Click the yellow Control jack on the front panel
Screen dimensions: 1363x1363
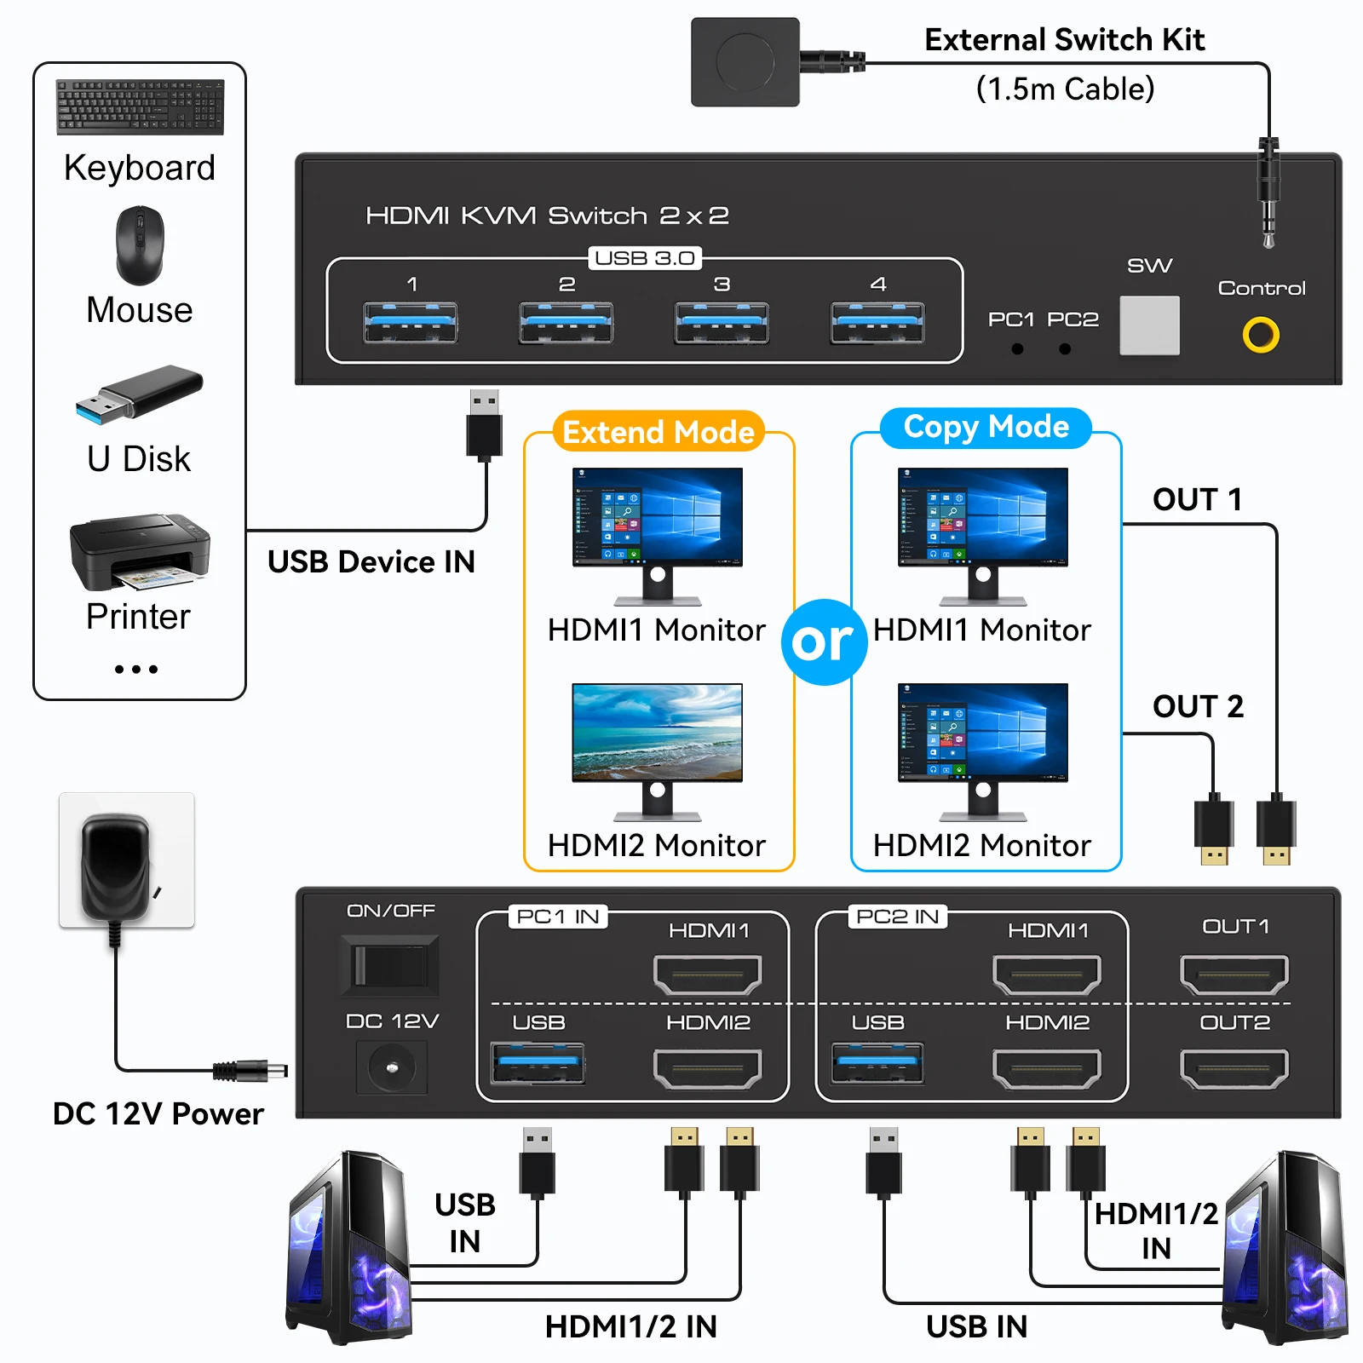tap(1261, 335)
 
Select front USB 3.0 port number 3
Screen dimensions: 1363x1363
tap(722, 323)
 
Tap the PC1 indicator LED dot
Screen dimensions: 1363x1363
tap(1017, 349)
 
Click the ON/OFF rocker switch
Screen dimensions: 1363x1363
tap(390, 966)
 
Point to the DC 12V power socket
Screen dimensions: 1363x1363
tap(392, 1067)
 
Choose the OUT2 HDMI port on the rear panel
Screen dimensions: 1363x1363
tap(1234, 1069)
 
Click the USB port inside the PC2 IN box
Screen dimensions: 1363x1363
tap(877, 1063)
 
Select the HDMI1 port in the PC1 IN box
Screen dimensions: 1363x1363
tap(707, 975)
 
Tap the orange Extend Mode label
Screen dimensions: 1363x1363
tap(658, 433)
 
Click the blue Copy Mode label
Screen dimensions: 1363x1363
tap(986, 427)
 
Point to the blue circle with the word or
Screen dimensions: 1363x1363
tap(824, 641)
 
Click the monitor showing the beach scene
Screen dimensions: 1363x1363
tap(657, 733)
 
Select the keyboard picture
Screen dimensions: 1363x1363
tap(140, 107)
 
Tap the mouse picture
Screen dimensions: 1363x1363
tap(140, 245)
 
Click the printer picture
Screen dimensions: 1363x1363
tap(139, 552)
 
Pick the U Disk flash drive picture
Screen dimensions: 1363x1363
tap(139, 394)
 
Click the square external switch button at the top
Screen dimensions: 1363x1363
tap(745, 62)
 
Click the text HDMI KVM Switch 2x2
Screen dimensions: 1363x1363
tap(547, 216)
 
